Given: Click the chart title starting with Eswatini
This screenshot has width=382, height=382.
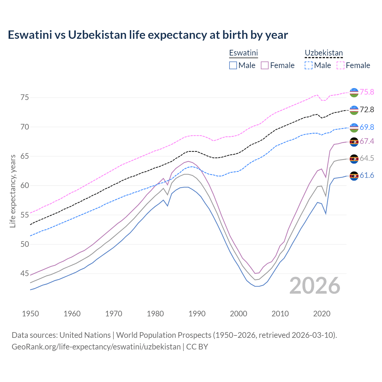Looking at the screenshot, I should click(x=148, y=35).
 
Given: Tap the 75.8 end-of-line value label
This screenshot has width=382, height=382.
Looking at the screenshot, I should click(x=367, y=92).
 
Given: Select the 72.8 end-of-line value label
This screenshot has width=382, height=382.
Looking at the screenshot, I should click(x=367, y=110).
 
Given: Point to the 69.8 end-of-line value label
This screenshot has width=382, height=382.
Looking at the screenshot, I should click(x=367, y=127).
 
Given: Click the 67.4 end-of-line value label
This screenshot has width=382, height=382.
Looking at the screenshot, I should click(x=367, y=141).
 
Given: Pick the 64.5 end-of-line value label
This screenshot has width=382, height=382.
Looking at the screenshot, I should click(x=367, y=158).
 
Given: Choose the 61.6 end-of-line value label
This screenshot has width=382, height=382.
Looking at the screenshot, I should click(x=367, y=175).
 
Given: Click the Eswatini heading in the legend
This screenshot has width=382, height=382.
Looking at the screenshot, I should click(x=243, y=53).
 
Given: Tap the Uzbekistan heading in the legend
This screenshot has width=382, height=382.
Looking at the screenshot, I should click(x=324, y=53).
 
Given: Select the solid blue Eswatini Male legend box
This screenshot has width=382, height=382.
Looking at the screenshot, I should click(x=233, y=65).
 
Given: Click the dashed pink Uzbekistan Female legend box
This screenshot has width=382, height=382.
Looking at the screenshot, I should click(x=341, y=65).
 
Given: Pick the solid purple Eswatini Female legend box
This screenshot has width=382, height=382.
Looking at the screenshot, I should click(x=265, y=65).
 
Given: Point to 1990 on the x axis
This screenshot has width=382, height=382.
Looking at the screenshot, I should click(x=197, y=314).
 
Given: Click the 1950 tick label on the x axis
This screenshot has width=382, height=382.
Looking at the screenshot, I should click(x=30, y=314).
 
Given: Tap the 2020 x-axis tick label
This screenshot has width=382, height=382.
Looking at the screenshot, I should click(x=322, y=314).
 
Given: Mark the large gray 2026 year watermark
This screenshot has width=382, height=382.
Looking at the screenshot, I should click(x=315, y=286).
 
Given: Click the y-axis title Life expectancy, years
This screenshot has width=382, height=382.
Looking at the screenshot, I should click(x=13, y=191).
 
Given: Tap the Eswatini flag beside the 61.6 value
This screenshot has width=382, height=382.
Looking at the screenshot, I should click(x=354, y=176).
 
